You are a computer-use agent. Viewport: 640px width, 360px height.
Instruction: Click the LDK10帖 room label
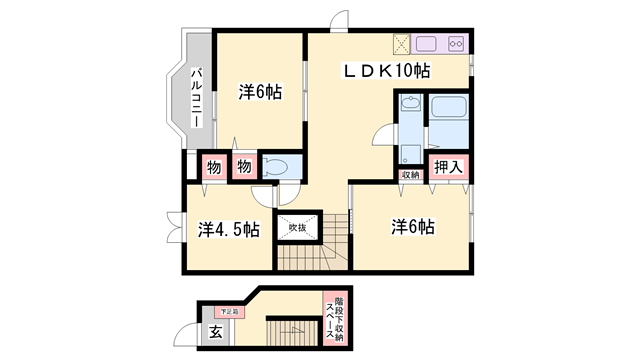pyautogui.click(x=387, y=71)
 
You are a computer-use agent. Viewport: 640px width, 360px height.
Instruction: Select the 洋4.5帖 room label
pyautogui.click(x=229, y=229)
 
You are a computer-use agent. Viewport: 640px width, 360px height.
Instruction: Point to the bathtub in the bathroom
pyautogui.click(x=449, y=121)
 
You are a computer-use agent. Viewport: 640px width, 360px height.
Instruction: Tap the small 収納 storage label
pyautogui.click(x=410, y=176)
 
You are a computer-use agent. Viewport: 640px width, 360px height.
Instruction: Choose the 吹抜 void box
pyautogui.click(x=298, y=227)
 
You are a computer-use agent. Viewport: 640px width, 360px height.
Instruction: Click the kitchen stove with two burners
pyautogui.click(x=456, y=44)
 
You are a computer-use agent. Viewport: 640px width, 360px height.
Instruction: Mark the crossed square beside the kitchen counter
pyautogui.click(x=401, y=44)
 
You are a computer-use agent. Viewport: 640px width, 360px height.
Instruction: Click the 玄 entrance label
pyautogui.click(x=215, y=333)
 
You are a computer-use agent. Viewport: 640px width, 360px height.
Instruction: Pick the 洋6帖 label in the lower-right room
pyautogui.click(x=412, y=227)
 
